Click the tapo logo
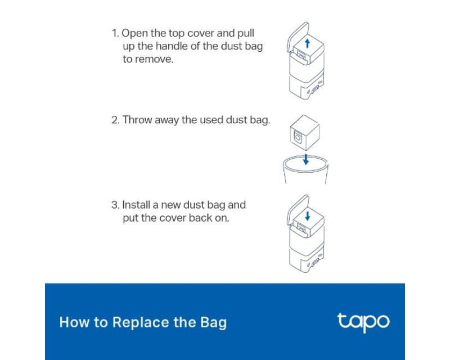363,323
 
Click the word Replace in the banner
140,323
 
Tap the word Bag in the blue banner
214,323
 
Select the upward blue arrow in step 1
307,43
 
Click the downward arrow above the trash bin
305,159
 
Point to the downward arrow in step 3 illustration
307,216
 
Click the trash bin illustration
305,170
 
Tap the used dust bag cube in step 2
304,133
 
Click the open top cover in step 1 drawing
298,38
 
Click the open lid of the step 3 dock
298,211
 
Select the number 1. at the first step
115,33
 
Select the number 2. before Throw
115,120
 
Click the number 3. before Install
115,205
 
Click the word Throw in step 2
137,120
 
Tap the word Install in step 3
136,205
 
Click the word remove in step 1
154,60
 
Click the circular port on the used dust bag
298,138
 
